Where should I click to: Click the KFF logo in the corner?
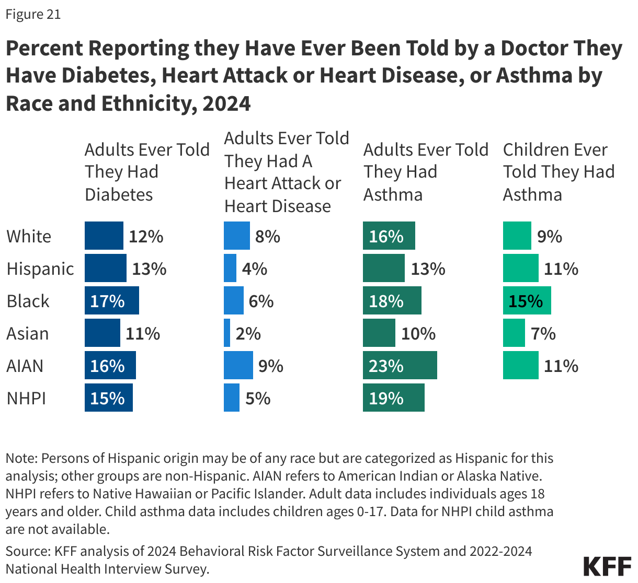[607, 567]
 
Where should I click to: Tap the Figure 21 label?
[33, 14]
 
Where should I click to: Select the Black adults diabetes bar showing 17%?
[112, 301]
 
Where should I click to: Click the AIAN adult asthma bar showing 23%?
[400, 366]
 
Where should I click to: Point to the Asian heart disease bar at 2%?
[227, 333]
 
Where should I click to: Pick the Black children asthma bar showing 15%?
[527, 301]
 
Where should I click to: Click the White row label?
[29, 237]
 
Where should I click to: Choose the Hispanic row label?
[40, 269]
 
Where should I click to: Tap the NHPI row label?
[26, 399]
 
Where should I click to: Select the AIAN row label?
[25, 366]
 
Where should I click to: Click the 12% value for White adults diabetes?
[146, 237]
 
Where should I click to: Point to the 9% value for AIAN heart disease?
[271, 366]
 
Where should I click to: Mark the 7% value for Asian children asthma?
[543, 333]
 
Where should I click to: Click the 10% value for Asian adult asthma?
[418, 333]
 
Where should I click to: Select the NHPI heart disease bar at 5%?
[232, 398]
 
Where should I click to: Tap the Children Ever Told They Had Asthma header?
[559, 172]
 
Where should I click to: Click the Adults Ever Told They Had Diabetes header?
[147, 172]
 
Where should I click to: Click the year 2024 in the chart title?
[226, 103]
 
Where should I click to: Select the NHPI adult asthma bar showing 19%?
[393, 398]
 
